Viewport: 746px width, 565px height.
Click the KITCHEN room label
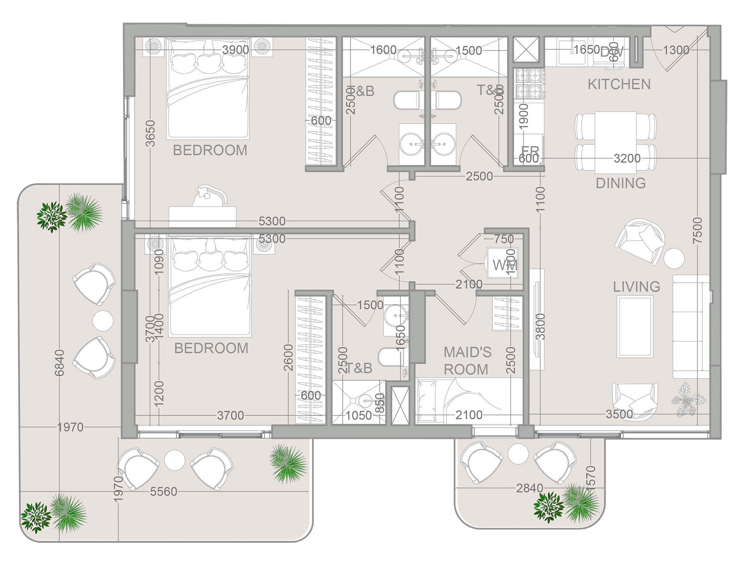click(619, 84)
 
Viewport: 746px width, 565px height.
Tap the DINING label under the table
click(621, 183)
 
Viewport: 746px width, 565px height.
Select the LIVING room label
click(636, 287)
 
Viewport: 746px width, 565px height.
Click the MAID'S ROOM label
click(467, 361)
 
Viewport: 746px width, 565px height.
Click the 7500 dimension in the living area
click(698, 231)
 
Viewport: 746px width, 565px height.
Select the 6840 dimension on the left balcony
click(59, 363)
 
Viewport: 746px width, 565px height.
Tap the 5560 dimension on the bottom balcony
click(163, 492)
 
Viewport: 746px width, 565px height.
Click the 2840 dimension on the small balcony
click(529, 488)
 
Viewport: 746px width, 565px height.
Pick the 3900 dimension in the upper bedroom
click(235, 50)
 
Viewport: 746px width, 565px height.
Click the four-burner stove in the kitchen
click(528, 83)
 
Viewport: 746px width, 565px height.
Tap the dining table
click(615, 142)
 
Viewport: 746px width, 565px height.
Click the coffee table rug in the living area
click(635, 327)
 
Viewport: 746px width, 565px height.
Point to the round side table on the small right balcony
click(518, 454)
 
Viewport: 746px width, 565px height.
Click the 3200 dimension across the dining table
click(627, 158)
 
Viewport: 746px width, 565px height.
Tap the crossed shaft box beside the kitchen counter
click(526, 49)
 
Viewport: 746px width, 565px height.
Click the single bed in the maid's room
click(469, 401)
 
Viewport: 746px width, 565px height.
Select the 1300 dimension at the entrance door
click(676, 50)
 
